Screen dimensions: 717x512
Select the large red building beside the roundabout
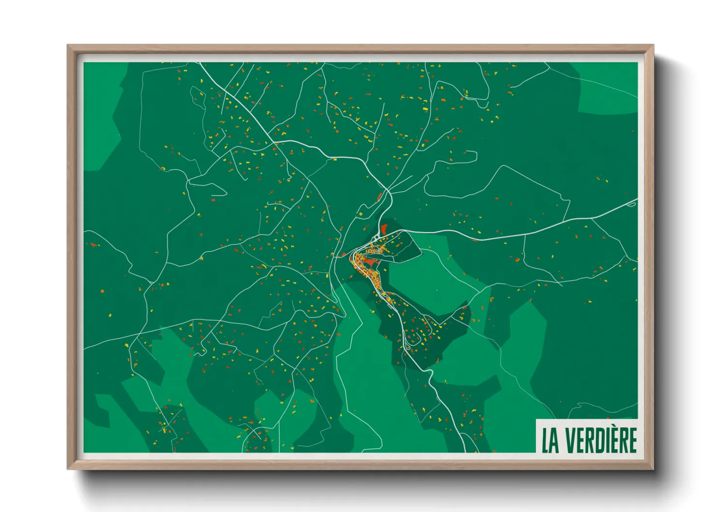click(384, 228)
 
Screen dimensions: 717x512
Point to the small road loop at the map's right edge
click(630, 204)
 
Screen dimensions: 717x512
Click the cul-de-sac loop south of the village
click(408, 346)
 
